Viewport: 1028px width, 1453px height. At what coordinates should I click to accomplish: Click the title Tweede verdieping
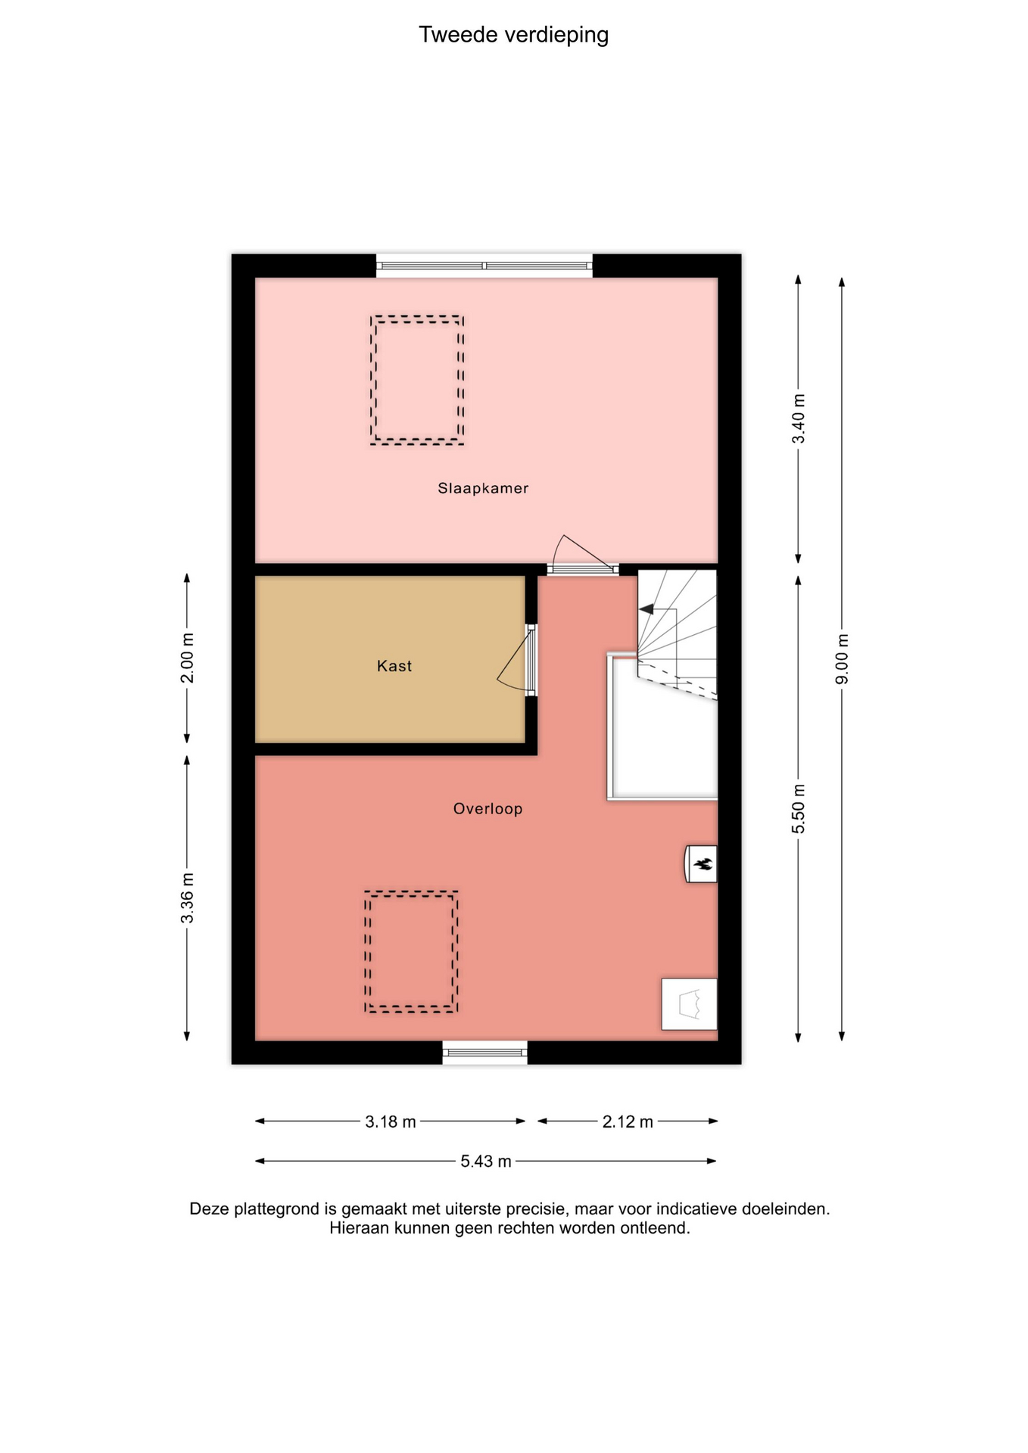513,35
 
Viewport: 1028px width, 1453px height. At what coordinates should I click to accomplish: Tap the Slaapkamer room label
483,489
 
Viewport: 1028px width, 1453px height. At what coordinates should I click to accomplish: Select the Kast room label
394,666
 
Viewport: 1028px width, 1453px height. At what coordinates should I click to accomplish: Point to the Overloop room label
488,809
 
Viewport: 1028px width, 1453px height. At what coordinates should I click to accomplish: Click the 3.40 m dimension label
799,419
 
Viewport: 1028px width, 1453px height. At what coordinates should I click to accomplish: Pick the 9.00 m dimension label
842,658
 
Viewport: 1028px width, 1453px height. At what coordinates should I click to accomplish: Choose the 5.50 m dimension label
799,809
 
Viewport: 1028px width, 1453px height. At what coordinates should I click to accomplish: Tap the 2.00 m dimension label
187,658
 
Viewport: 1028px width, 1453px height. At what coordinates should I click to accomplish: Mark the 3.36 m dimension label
187,898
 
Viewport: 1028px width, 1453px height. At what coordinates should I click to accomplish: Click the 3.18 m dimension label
391,1122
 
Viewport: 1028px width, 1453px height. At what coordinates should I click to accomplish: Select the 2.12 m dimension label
628,1122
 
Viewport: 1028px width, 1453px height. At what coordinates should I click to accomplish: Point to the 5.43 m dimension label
486,1161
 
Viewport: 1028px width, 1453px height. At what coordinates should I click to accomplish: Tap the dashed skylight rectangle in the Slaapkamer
417,317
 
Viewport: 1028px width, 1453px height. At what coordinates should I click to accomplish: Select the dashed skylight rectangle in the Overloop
411,893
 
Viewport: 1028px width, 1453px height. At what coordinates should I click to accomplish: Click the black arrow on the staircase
646,609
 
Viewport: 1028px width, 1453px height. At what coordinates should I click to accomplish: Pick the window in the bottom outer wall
484,1052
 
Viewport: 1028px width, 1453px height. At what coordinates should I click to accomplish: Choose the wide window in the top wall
484,266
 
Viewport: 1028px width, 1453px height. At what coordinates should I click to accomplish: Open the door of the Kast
531,659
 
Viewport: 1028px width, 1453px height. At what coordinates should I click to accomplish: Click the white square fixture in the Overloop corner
689,1004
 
